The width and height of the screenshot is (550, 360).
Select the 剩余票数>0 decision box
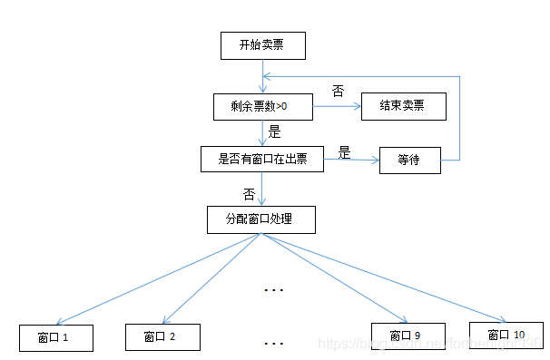[262, 107]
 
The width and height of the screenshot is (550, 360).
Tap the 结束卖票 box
[404, 107]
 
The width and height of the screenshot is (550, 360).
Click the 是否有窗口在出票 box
[262, 160]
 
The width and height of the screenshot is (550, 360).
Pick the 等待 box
[409, 160]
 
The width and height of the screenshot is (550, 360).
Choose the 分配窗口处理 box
[262, 219]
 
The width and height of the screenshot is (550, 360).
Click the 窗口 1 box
[56, 337]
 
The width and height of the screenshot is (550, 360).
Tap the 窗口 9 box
[407, 336]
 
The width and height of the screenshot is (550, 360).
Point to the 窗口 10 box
[506, 335]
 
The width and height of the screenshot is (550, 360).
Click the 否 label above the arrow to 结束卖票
[338, 92]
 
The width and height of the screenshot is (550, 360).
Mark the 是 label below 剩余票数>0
[275, 132]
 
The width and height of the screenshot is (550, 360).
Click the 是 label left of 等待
[344, 152]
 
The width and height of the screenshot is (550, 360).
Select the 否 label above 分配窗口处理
[248, 193]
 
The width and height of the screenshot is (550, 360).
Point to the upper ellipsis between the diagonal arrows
[273, 290]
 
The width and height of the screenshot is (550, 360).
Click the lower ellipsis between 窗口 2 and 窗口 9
[273, 344]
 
